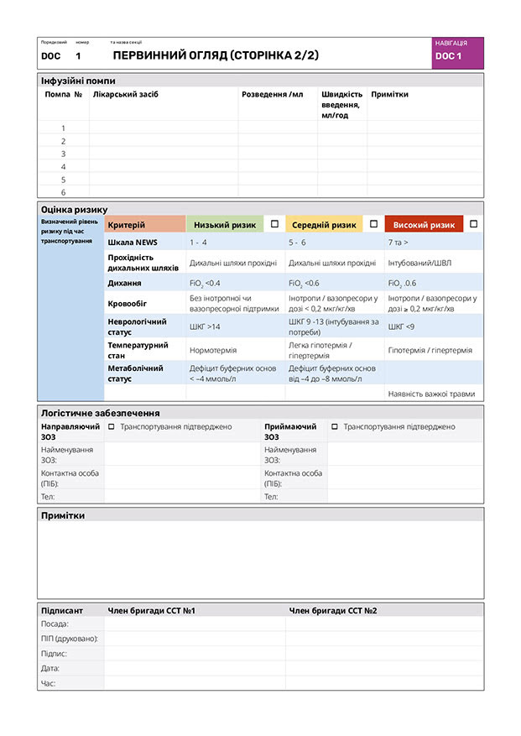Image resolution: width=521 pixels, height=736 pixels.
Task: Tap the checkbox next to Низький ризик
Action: point(274,224)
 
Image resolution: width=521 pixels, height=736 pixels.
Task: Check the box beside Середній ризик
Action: point(373,224)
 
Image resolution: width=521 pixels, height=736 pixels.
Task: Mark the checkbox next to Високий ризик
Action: point(473,224)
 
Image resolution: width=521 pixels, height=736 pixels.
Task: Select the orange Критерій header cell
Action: point(144,225)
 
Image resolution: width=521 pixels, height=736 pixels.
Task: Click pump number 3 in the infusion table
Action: point(63,154)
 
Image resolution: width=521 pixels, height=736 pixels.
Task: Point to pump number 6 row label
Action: point(63,192)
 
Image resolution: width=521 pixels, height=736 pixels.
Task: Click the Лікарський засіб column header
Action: point(126,95)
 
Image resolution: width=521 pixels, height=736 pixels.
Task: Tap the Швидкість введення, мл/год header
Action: point(341,104)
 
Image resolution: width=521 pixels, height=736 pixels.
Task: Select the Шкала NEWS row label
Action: point(133,242)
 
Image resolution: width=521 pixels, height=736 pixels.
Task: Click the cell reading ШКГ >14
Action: point(206,326)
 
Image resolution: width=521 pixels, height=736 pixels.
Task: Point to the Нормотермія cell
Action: point(213,350)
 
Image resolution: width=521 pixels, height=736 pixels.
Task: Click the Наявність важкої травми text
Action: point(431,394)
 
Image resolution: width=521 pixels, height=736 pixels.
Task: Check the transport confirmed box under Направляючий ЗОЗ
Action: point(112,427)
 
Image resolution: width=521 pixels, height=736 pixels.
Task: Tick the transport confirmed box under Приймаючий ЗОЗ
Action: point(335,427)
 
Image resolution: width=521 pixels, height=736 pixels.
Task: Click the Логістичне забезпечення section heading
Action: point(100,413)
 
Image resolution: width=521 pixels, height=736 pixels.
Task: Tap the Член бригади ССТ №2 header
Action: point(332,610)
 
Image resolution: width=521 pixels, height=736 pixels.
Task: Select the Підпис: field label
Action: point(55,654)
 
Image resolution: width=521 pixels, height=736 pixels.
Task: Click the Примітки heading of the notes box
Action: point(63,515)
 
